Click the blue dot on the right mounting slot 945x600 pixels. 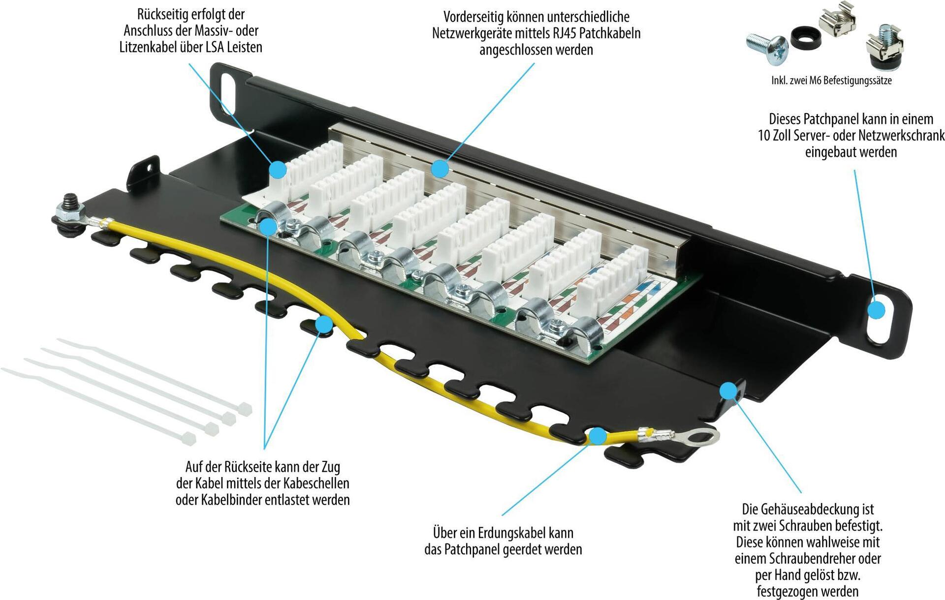click(x=876, y=310)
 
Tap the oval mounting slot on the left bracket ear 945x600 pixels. click(x=228, y=87)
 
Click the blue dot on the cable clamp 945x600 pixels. click(x=268, y=226)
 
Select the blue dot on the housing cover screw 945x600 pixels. click(x=728, y=391)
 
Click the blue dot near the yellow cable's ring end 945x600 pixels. click(x=597, y=436)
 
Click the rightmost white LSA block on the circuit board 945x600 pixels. click(x=613, y=273)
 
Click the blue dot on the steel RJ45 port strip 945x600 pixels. click(x=440, y=169)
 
